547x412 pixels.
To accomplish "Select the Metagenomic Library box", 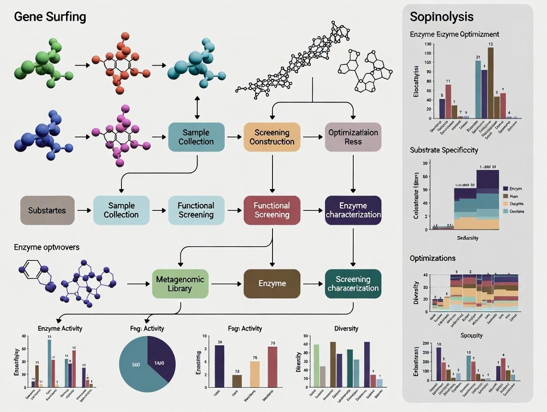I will [x=180, y=284].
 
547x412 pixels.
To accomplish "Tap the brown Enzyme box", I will [x=272, y=284].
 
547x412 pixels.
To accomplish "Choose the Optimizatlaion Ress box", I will [x=353, y=137].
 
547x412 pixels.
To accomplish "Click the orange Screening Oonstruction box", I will [x=272, y=137].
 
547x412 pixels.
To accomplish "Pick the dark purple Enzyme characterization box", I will [x=353, y=210].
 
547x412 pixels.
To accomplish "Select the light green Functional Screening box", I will [x=196, y=210].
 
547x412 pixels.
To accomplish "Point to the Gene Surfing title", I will [x=50, y=17].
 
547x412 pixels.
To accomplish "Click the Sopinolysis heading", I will [x=441, y=17].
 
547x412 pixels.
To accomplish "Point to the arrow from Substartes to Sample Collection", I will [x=84, y=210].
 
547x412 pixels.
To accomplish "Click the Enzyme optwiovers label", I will [x=47, y=247].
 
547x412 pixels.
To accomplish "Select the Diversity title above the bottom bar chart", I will [x=346, y=328].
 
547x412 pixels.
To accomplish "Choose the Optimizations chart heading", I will [x=433, y=258].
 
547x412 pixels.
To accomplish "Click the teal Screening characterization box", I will [x=353, y=284].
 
